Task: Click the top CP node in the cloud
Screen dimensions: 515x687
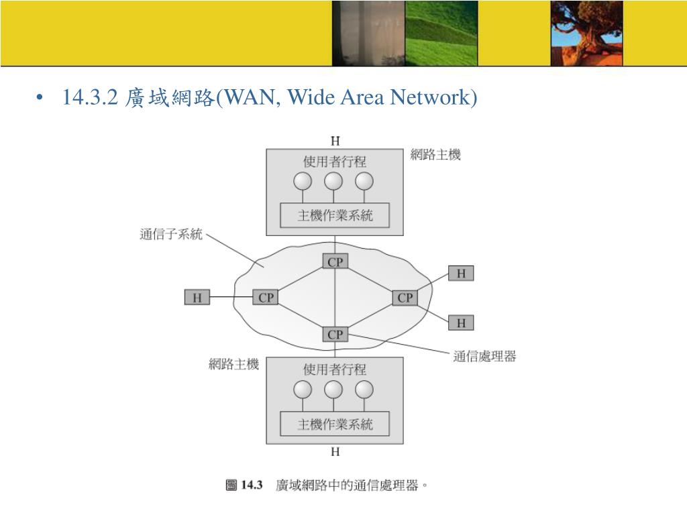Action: pos(335,262)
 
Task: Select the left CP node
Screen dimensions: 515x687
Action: pos(266,297)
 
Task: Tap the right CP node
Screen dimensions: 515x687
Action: pos(405,297)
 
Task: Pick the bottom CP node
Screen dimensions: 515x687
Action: pos(335,333)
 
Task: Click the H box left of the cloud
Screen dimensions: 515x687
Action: pos(197,297)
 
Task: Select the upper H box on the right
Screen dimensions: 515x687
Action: pos(461,273)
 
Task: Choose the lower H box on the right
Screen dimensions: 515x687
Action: pos(461,323)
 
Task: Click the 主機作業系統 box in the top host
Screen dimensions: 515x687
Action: pos(335,216)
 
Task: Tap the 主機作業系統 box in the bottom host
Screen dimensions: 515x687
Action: pos(335,424)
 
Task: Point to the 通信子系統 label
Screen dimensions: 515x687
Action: pos(170,235)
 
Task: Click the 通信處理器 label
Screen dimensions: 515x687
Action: pos(484,357)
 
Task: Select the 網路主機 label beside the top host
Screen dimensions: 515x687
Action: pos(435,155)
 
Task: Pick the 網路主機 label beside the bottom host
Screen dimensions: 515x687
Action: pos(233,365)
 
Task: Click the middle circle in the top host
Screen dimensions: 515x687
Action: pos(333,181)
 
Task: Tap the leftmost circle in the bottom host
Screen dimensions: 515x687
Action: pos(303,389)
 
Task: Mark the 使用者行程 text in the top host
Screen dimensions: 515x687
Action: pos(335,162)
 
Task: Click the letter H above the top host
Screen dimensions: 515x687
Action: pos(335,141)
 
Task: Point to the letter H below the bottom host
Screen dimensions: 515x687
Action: pos(335,452)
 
